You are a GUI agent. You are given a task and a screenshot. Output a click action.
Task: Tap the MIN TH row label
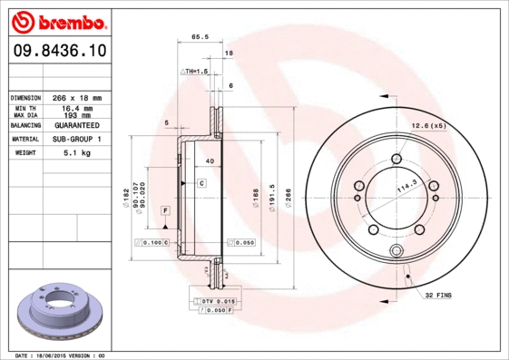pos(24,108)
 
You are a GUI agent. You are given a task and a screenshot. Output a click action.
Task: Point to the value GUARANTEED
pos(76,125)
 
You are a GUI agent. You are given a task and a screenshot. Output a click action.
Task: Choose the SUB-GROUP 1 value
pos(76,140)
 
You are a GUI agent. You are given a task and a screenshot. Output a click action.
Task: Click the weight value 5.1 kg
pos(76,154)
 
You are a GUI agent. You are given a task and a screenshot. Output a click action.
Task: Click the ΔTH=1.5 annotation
pos(195,70)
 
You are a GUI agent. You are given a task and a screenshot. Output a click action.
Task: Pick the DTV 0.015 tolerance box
pos(214,300)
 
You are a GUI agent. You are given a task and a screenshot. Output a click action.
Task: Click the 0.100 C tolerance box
pos(152,243)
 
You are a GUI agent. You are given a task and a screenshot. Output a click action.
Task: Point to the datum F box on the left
pos(165,210)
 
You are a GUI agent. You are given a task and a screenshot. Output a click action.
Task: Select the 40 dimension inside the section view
pos(209,161)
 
